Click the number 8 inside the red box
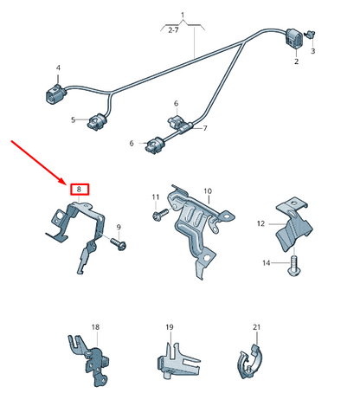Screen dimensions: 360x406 pyautogui.click(x=79, y=190)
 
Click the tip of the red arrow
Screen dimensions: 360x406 pyautogui.click(x=66, y=184)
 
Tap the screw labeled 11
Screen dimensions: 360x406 pyautogui.click(x=160, y=215)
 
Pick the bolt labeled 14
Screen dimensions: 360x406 pyautogui.click(x=294, y=266)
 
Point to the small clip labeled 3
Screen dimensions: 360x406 pyautogui.click(x=311, y=35)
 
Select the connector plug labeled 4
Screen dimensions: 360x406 pyautogui.click(x=55, y=93)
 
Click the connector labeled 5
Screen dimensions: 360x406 pyautogui.click(x=97, y=120)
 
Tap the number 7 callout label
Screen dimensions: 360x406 pyautogui.click(x=205, y=128)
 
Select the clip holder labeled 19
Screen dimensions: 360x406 pyautogui.click(x=177, y=361)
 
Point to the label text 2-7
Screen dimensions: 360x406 pyautogui.click(x=173, y=30)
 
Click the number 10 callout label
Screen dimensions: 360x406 pyautogui.click(x=208, y=191)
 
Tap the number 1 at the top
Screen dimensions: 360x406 pyautogui.click(x=183, y=15)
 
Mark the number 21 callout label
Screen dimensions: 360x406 pyautogui.click(x=257, y=327)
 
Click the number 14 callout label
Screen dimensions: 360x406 pyautogui.click(x=267, y=263)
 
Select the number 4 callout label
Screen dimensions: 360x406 pyautogui.click(x=58, y=68)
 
